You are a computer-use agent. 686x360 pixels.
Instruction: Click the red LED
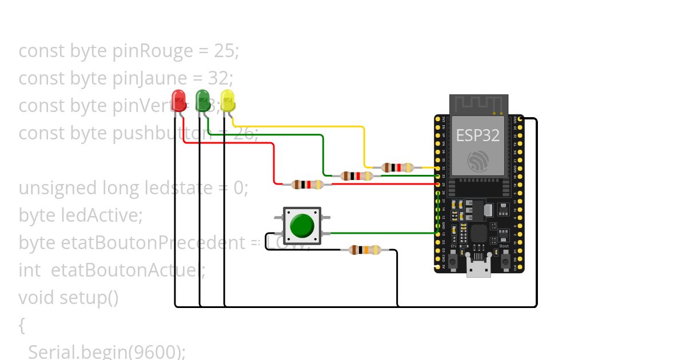tap(178, 100)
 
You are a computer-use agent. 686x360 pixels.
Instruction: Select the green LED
tap(203, 100)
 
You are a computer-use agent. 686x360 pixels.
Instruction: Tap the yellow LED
tap(228, 100)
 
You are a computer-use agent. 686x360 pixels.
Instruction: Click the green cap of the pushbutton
tap(302, 226)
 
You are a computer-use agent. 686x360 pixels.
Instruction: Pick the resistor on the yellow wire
tap(397, 167)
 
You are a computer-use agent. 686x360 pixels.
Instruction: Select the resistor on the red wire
tap(308, 184)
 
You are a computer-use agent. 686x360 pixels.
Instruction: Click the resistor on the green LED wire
tap(357, 176)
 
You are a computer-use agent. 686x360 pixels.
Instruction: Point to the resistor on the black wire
tap(365, 250)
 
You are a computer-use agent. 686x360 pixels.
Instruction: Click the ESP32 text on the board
tap(477, 135)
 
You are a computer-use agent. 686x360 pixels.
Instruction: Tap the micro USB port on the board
tap(478, 266)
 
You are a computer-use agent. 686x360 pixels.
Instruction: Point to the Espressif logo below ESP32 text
tap(478, 161)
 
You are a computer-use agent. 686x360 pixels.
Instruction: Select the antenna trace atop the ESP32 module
tap(478, 105)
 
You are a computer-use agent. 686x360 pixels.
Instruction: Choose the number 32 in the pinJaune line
tap(218, 78)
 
